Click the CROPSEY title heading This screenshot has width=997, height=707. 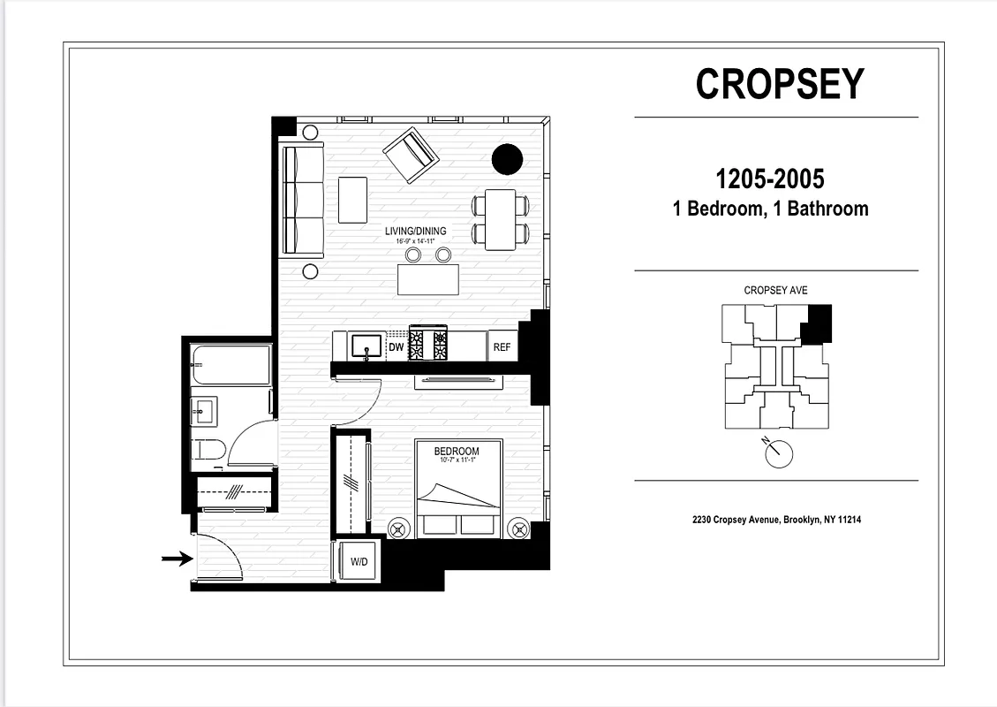pos(779,84)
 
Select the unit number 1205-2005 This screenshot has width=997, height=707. pos(769,179)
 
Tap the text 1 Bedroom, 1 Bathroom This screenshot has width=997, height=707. pos(769,209)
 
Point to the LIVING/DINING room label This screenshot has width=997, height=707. pos(415,232)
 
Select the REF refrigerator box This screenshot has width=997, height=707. pos(502,347)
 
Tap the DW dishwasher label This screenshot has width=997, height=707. pos(397,347)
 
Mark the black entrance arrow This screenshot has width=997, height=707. pos(177,559)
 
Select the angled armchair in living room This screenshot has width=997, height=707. pos(411,155)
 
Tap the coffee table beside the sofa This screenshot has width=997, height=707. pos(352,200)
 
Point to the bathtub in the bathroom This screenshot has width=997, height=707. pos(230,365)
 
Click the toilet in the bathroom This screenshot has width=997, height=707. pos(206,450)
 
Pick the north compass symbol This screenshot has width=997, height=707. pos(777,453)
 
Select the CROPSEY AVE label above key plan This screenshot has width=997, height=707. pos(775,291)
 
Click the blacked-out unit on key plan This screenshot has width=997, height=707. pos(819,323)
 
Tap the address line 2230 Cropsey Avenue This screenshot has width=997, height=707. pos(776,520)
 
